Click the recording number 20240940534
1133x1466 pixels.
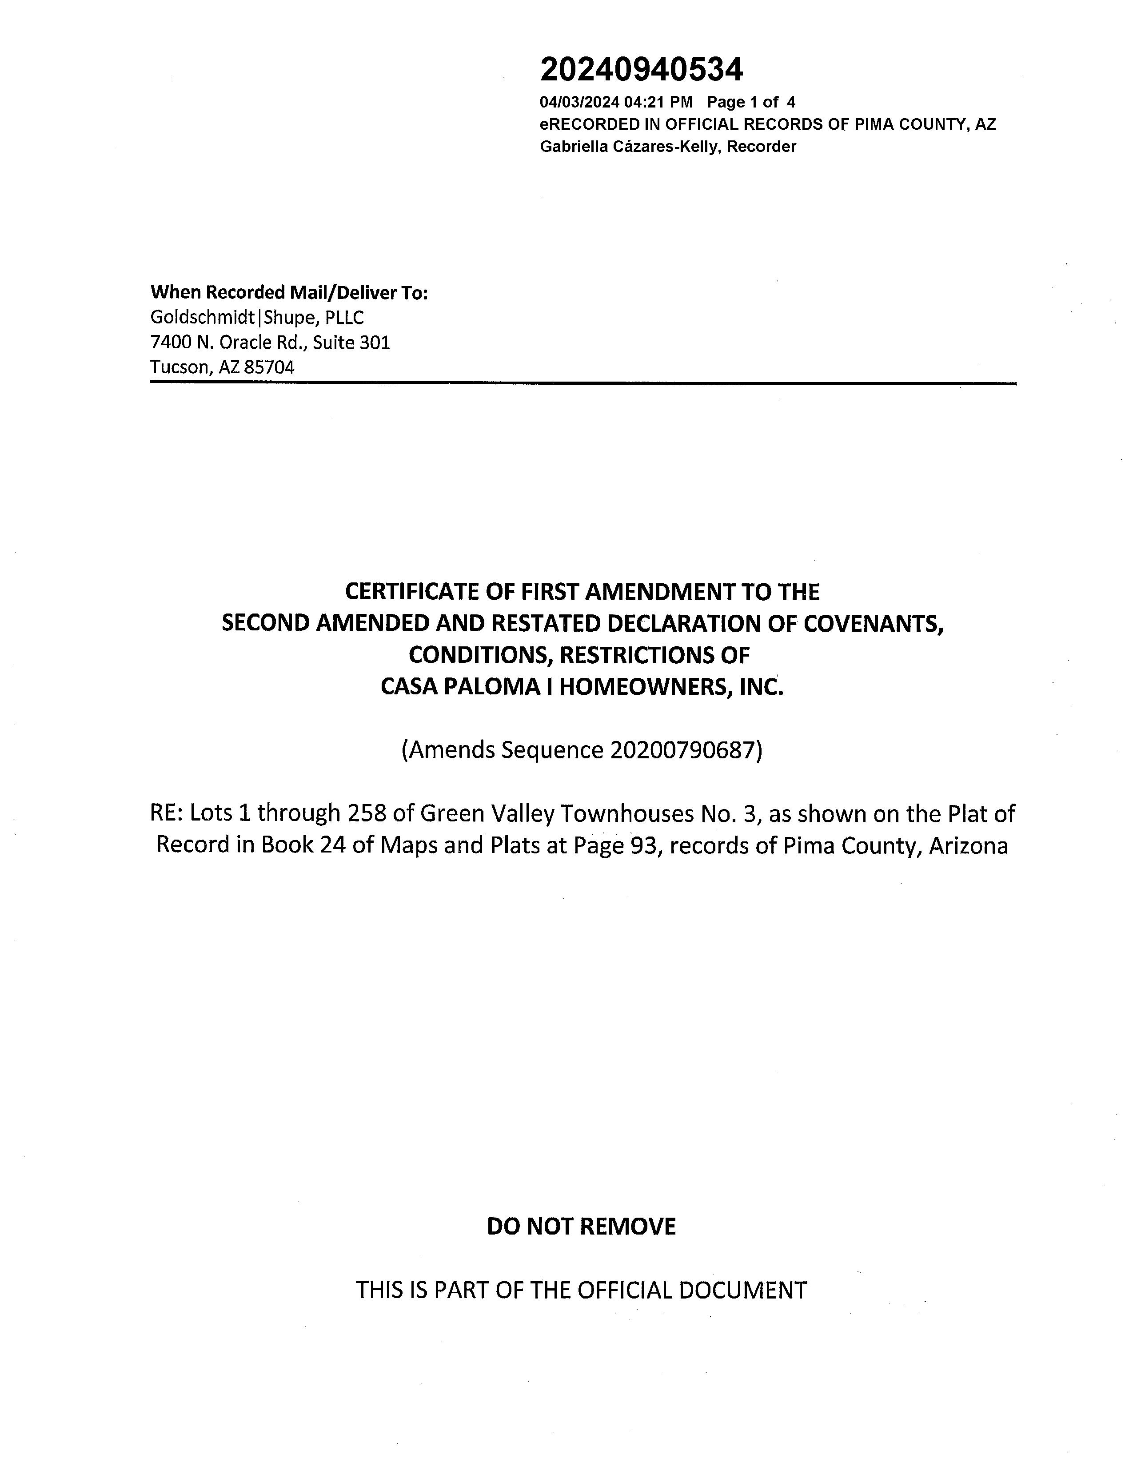(641, 69)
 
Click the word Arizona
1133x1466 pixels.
(968, 845)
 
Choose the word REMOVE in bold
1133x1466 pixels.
(627, 1227)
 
